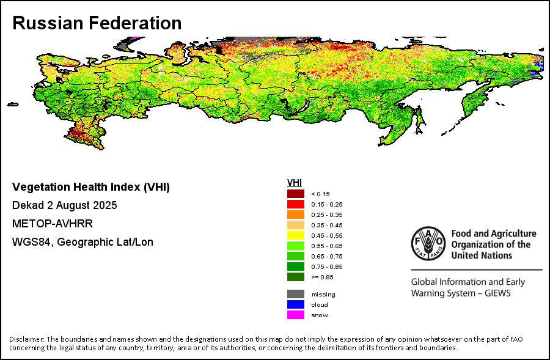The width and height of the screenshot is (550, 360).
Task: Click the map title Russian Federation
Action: pos(97,23)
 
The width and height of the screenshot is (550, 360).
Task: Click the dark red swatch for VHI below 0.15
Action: pos(295,194)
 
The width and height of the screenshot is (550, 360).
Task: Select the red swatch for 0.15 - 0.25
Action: pos(295,204)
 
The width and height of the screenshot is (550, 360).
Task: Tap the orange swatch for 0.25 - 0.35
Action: pos(295,215)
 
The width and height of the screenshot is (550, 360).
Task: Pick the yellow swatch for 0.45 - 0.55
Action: pos(295,235)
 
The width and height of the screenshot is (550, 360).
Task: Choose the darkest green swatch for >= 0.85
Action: pos(295,277)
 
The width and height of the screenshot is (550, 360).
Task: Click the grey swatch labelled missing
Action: pos(295,295)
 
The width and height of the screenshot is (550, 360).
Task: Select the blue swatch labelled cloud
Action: pos(295,305)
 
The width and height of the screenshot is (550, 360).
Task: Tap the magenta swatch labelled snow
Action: pos(295,315)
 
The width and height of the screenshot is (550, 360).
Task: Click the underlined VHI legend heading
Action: pos(295,183)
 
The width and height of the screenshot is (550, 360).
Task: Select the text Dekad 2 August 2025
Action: pos(64,205)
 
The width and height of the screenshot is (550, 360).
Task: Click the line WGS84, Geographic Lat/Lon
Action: pos(82,242)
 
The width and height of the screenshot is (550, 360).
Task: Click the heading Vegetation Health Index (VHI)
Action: pos(91,186)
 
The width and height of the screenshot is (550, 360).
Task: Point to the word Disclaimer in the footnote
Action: pos(26,339)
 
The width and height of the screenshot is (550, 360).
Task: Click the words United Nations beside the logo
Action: pos(482,255)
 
